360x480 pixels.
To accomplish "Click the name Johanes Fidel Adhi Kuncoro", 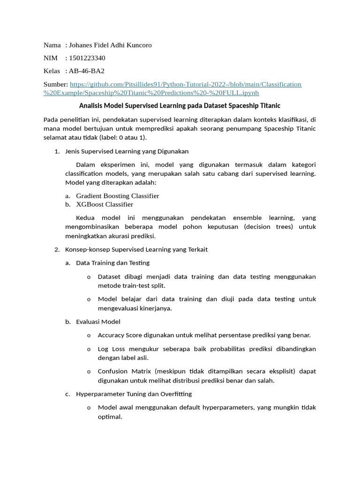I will [x=110, y=45].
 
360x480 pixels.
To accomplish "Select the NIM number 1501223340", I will [x=87, y=58].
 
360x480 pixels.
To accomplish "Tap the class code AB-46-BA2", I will [x=87, y=71].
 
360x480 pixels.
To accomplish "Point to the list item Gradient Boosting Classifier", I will [x=117, y=196].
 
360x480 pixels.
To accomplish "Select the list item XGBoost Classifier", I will [x=105, y=204].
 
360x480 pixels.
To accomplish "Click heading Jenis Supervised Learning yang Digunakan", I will [x=127, y=151].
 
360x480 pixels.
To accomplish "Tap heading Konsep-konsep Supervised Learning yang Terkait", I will [x=136, y=249].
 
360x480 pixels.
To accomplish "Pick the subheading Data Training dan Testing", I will [x=112, y=263].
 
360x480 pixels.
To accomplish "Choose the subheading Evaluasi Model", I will [x=98, y=322].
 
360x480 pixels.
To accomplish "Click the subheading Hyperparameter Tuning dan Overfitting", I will [x=134, y=394].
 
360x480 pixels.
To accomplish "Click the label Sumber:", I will [x=56, y=84].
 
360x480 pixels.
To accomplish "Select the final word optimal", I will [x=110, y=416].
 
